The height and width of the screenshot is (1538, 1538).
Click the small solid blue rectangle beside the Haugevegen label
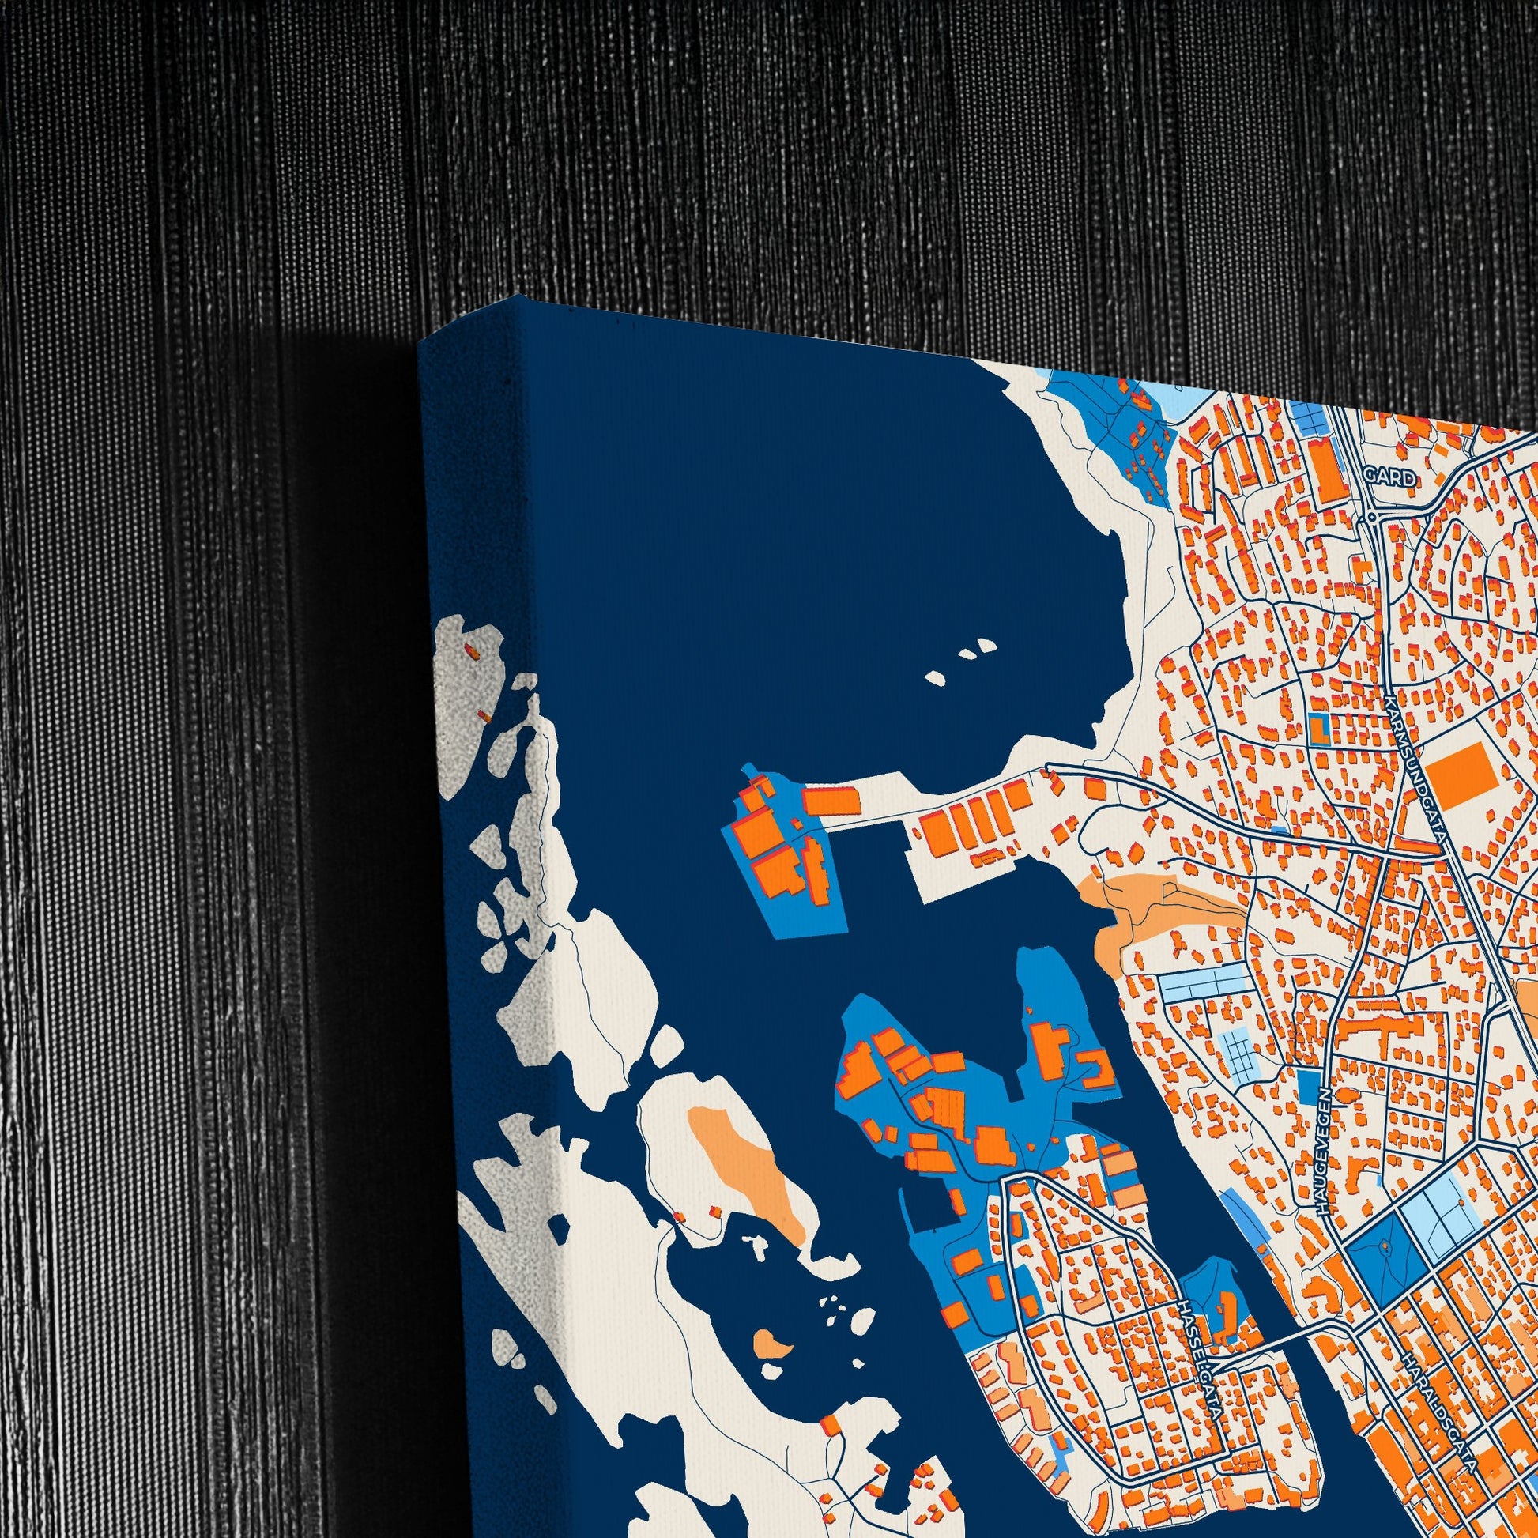pos(1307,1084)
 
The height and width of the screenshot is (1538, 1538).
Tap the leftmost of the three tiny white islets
pos(936,679)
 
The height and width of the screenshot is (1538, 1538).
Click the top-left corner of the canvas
pos(420,344)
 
